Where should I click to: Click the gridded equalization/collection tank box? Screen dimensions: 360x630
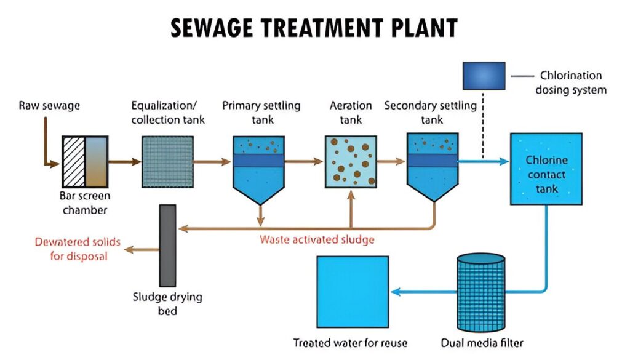[167, 162]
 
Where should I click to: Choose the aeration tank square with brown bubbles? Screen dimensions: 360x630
[350, 162]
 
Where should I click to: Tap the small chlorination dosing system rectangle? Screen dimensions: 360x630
[484, 76]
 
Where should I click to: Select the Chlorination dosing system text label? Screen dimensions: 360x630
[570, 82]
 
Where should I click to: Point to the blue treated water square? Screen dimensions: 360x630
[353, 292]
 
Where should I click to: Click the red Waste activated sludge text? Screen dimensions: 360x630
[317, 239]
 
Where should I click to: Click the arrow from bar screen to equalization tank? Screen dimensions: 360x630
[125, 162]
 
